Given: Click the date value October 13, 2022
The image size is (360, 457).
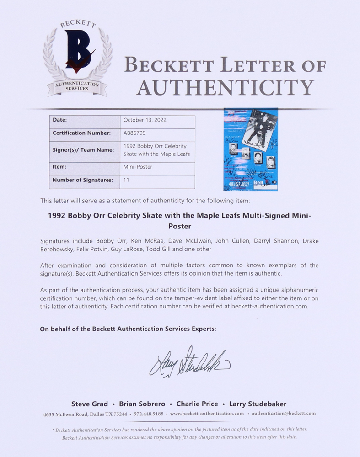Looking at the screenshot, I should tap(145, 120).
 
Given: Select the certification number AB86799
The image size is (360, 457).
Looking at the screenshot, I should tap(134, 133).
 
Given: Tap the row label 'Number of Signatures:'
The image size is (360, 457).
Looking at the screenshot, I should tap(82, 180).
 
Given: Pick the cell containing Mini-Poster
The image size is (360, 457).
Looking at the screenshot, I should tap(138, 167).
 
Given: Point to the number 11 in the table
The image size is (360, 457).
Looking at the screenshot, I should tap(126, 180).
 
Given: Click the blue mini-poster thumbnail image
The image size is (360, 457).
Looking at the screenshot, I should tap(250, 150).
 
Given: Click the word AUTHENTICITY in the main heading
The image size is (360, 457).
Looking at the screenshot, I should tap(226, 87).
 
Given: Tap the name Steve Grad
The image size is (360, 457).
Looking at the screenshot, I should tap(90, 404).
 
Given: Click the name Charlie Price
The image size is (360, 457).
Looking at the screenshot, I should tap(197, 404).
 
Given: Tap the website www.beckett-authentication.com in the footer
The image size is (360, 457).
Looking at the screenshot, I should tap(207, 414).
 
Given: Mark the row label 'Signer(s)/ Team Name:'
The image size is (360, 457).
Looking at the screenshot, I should tap(82, 150).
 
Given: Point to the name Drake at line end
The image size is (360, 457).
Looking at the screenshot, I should tap(309, 241).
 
